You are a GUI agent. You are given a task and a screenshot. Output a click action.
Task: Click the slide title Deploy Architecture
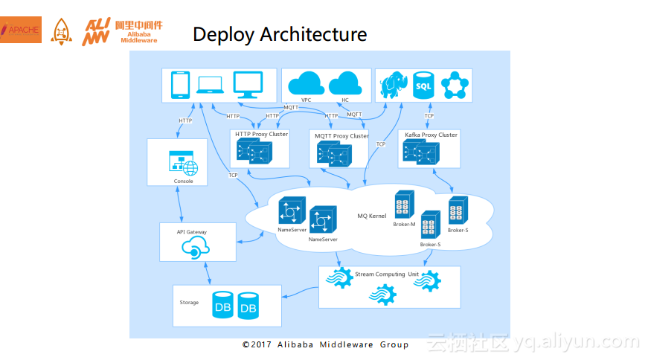pyautogui.click(x=279, y=34)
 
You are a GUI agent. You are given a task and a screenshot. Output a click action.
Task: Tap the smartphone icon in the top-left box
pyautogui.click(x=180, y=85)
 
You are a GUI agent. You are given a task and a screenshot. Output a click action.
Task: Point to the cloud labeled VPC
pyautogui.click(x=305, y=84)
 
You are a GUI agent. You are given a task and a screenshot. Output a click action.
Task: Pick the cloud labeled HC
pyautogui.click(x=344, y=83)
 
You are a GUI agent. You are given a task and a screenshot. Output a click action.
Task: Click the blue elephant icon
pyautogui.click(x=392, y=86)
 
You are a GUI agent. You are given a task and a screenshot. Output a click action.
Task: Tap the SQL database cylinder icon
pyautogui.click(x=423, y=85)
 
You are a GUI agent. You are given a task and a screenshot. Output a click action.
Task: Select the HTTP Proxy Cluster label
pyautogui.click(x=261, y=135)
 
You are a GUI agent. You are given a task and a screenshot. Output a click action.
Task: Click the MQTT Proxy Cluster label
pyautogui.click(x=341, y=136)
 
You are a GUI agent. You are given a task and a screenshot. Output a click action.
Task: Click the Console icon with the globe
pyautogui.click(x=183, y=163)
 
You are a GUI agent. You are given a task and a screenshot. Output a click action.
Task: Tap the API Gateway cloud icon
pyautogui.click(x=191, y=249)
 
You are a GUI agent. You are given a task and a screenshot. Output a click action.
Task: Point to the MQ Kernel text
pyautogui.click(x=372, y=216)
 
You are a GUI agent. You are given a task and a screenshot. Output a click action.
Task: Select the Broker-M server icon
pyautogui.click(x=404, y=205)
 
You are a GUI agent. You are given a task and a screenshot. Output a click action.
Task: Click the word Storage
pyautogui.click(x=189, y=303)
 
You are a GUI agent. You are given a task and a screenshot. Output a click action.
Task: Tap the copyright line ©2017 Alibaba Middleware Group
pyautogui.click(x=325, y=345)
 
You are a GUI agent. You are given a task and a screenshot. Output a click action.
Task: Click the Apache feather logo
pyautogui.click(x=20, y=29)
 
